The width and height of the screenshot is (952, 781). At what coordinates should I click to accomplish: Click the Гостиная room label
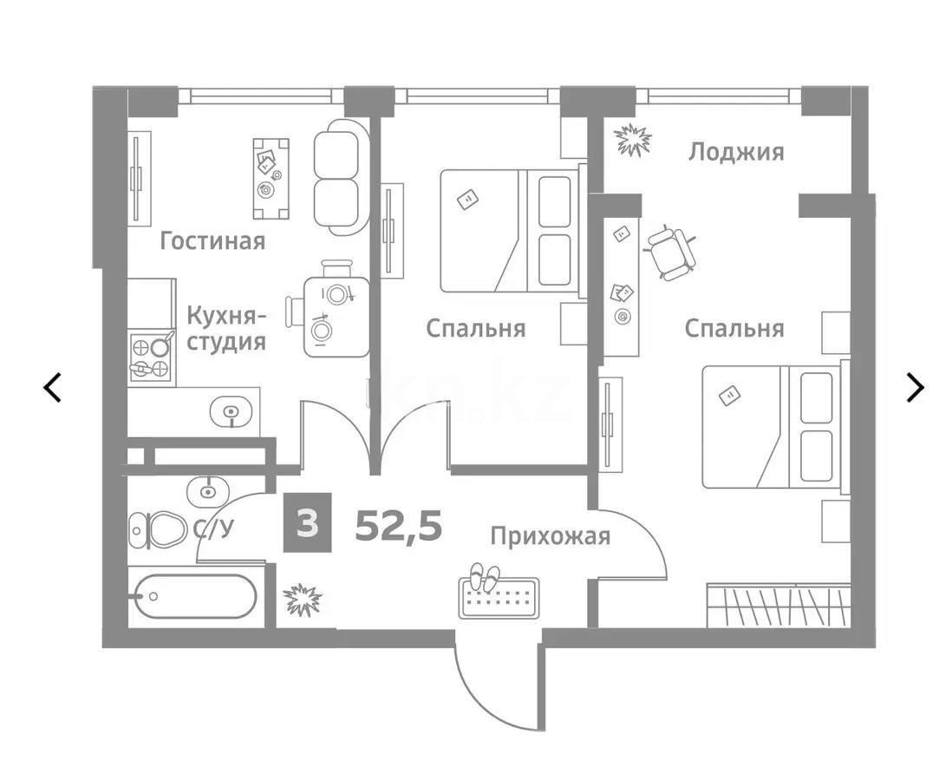(212, 240)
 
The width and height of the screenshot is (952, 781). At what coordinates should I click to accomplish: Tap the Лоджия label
(735, 152)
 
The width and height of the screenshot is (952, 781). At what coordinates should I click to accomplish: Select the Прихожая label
(550, 535)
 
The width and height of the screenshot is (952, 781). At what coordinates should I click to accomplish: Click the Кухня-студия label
(226, 327)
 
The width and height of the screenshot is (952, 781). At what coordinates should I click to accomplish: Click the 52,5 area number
(398, 525)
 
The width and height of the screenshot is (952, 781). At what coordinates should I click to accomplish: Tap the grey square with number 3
(306, 525)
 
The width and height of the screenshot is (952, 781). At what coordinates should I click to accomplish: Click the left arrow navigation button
(53, 387)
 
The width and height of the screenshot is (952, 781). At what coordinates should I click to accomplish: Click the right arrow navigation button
(914, 387)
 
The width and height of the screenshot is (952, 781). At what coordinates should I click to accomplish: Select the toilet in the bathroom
(158, 528)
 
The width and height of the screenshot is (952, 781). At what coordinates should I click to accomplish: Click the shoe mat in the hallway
(499, 597)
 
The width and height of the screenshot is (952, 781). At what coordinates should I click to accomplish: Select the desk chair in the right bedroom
(671, 252)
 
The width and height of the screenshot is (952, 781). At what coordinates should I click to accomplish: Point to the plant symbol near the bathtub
(303, 599)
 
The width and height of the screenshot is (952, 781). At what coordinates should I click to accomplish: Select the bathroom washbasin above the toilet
(206, 491)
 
